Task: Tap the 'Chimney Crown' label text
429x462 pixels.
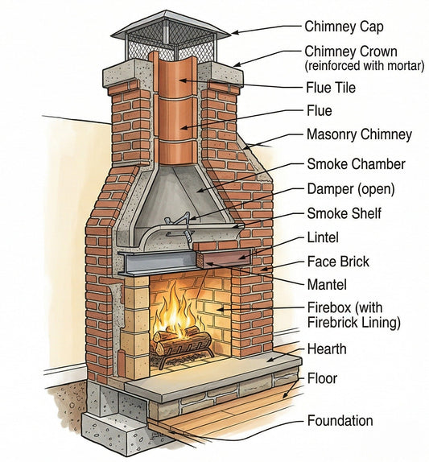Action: tap(351, 52)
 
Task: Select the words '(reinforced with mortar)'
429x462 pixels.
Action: tap(364, 66)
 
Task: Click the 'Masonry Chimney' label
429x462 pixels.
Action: tap(359, 134)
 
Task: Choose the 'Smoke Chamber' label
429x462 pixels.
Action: tap(356, 164)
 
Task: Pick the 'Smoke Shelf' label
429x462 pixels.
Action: tap(344, 213)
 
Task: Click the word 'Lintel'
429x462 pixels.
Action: tap(323, 237)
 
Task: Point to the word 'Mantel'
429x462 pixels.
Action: tap(326, 284)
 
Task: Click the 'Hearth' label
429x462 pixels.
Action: tap(327, 349)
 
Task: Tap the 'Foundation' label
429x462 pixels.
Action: tap(340, 421)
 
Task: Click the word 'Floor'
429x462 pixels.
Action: tap(322, 377)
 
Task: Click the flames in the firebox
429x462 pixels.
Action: tap(178, 310)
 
